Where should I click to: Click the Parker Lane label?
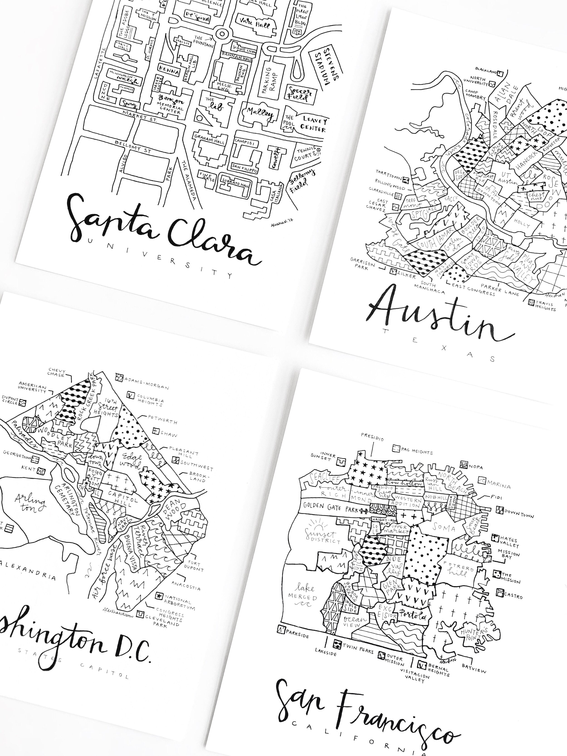[500, 290]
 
